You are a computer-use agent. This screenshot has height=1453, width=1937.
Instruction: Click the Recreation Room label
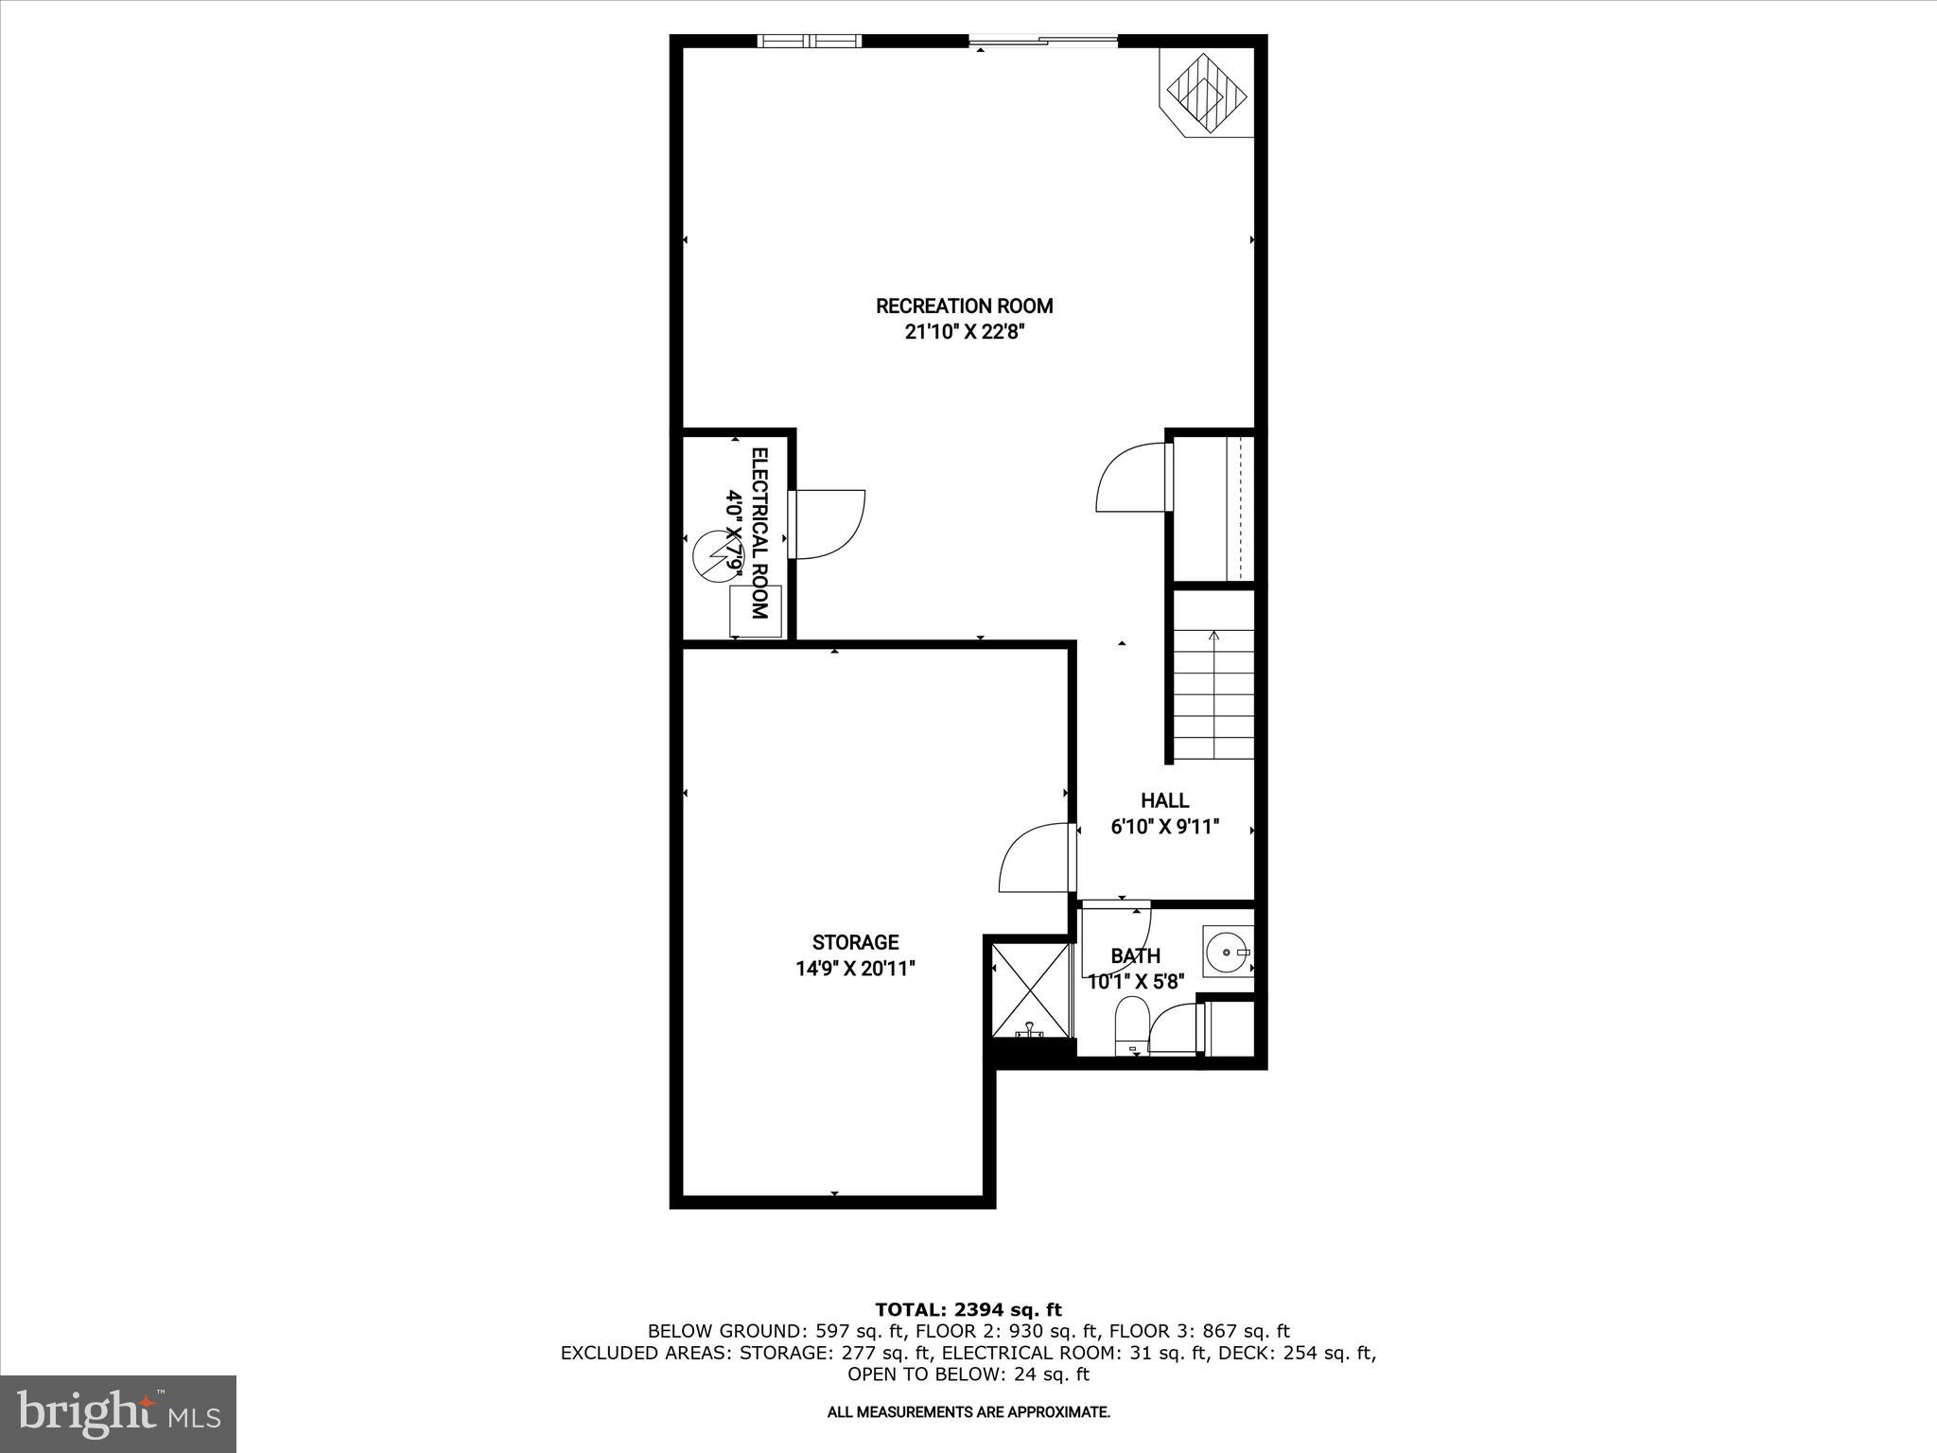point(964,306)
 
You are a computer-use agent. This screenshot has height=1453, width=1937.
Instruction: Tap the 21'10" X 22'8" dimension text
point(964,332)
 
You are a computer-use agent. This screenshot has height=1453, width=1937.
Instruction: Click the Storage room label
point(855,942)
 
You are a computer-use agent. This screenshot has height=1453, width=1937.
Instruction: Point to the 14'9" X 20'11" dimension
point(855,969)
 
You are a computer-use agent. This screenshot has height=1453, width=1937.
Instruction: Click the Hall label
point(1164,800)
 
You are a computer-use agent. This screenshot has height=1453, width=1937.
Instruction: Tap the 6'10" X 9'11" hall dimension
point(1164,827)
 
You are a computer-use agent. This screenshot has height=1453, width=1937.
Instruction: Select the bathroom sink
point(1227,951)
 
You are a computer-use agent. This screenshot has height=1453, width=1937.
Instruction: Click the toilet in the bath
point(1131,1028)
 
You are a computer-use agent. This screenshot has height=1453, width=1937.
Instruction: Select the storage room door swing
point(1036,858)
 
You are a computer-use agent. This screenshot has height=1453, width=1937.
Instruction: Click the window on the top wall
point(810,41)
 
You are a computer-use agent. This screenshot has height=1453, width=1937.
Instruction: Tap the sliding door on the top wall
point(1042,41)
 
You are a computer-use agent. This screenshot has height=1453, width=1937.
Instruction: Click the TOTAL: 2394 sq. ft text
point(968,1310)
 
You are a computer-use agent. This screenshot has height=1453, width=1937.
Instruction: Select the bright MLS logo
point(118,1413)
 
